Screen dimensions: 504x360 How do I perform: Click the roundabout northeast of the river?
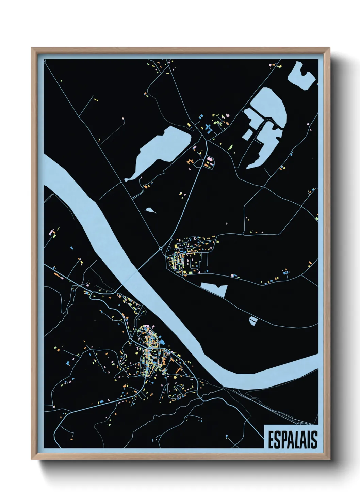coord(161,249)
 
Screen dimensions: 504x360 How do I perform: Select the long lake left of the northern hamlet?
coord(160,150)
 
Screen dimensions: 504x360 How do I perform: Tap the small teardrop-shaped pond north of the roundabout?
coord(150,210)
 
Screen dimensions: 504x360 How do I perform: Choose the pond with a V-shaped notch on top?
coord(214,289)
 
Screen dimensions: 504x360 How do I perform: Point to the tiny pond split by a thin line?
coord(253,320)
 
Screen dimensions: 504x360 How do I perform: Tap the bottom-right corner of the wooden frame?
coord(329,459)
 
